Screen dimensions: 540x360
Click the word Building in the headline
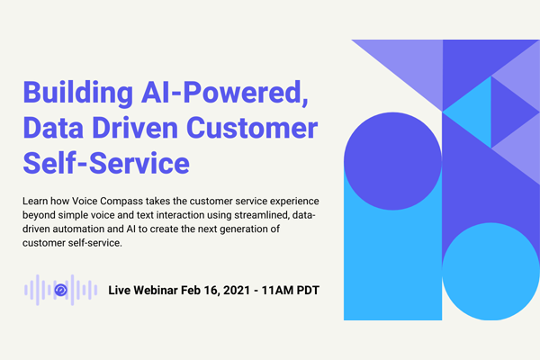77,93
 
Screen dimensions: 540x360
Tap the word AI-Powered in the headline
224,93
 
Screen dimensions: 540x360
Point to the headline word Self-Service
106,163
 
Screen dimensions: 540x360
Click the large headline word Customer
252,128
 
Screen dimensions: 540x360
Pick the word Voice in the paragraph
81,201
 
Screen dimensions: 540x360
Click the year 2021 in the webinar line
237,290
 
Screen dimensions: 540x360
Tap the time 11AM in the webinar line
277,290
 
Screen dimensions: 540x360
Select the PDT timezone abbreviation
308,290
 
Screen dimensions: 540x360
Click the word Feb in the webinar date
191,290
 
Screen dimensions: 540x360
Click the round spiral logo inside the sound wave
61,290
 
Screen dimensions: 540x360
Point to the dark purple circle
392,161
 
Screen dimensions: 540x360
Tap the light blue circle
490,272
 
